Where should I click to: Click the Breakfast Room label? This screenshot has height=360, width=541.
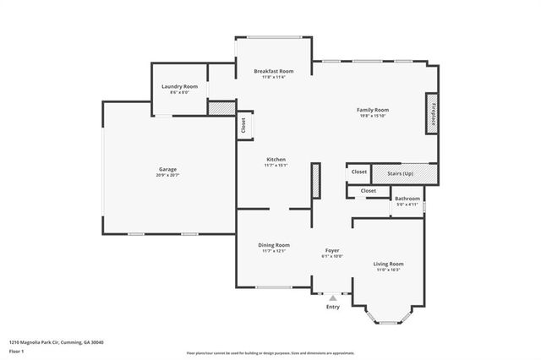273,71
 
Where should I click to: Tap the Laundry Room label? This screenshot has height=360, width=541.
179,86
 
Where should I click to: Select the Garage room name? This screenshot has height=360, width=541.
167,168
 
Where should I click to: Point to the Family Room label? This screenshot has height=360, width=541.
372,110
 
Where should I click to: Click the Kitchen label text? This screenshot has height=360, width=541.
276,159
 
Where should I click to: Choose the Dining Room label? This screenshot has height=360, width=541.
274,245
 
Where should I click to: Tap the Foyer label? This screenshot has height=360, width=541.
333,251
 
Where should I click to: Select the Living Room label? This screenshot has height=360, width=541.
389,264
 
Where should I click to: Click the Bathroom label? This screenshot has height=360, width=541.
407,199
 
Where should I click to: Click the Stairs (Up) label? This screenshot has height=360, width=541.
401,172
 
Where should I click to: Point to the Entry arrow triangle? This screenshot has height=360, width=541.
333,297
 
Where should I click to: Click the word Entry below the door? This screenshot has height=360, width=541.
333,307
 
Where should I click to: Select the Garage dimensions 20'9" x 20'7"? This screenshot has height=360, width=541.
167,175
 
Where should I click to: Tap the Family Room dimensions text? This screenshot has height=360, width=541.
372,117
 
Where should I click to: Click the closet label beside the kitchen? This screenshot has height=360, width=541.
243,124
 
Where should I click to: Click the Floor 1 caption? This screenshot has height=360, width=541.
17,350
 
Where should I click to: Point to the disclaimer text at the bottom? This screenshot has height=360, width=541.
270,352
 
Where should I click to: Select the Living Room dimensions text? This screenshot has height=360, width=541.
389,270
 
